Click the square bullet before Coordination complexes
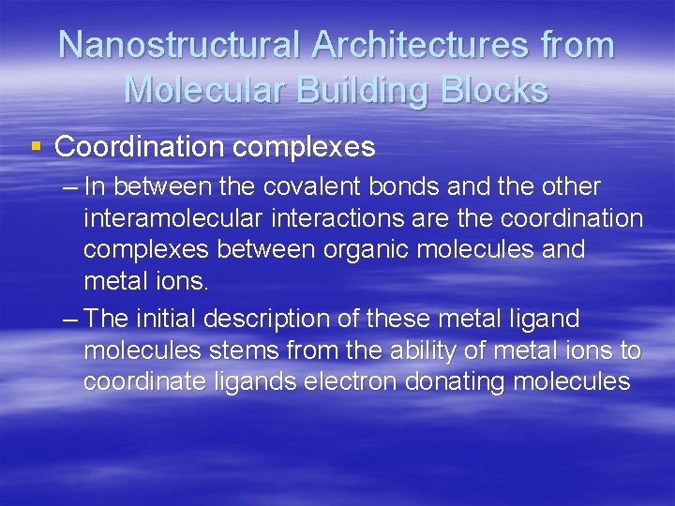click(37, 146)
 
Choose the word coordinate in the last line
click(146, 382)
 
